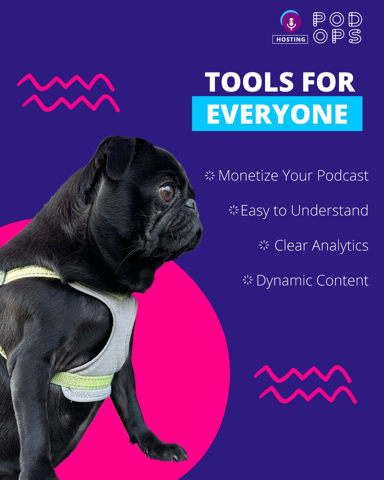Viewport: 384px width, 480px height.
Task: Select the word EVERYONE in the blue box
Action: (277, 114)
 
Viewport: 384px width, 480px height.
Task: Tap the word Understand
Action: (330, 210)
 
